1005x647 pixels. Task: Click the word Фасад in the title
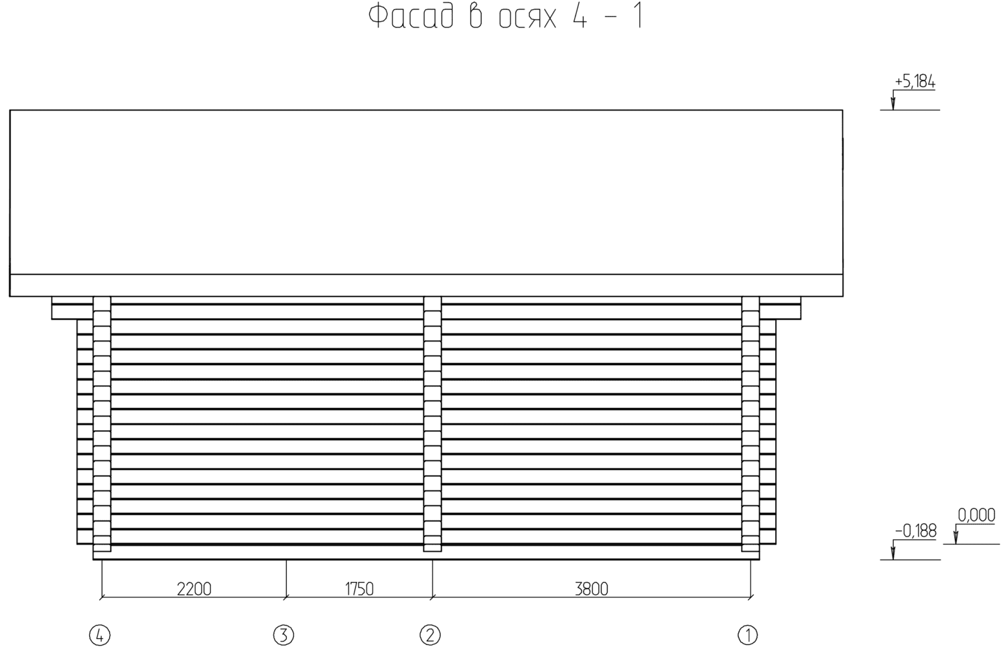(411, 17)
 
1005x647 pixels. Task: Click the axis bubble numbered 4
(100, 635)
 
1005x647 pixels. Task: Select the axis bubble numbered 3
(283, 635)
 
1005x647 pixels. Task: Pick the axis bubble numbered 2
(430, 635)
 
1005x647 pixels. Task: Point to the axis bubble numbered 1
(748, 635)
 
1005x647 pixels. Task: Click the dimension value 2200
(194, 589)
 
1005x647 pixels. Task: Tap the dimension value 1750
(359, 589)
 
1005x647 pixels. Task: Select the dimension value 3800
(592, 589)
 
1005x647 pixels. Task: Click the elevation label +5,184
(915, 82)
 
